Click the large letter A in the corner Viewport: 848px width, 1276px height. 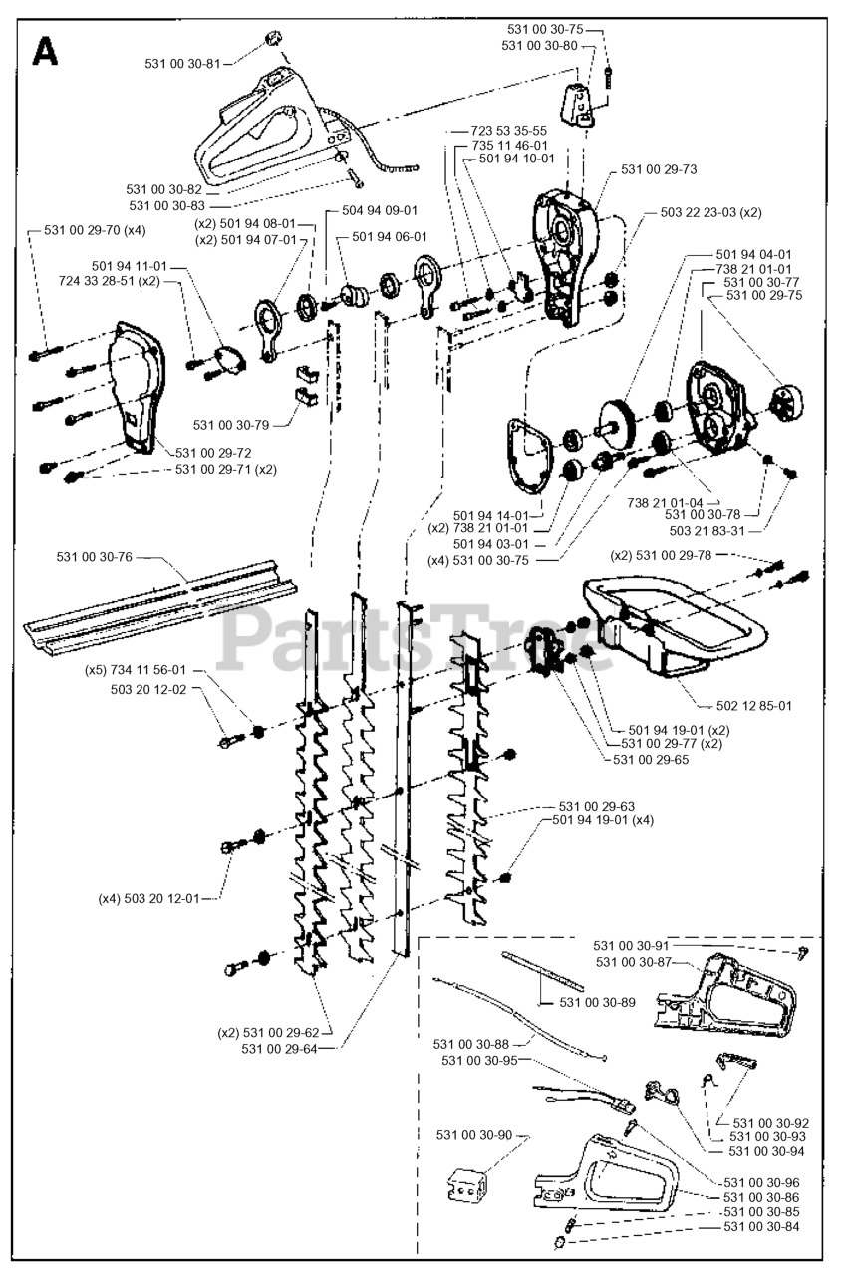46,52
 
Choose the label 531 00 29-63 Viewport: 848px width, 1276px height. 597,806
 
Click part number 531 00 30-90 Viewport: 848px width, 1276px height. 474,1135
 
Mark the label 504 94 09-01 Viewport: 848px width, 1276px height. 380,210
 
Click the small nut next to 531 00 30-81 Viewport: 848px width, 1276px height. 270,40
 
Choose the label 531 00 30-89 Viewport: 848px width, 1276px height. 597,1001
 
